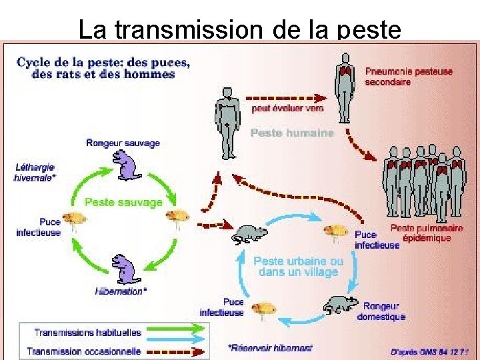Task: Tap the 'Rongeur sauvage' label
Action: coord(123,143)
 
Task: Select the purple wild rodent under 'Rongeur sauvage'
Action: coord(123,164)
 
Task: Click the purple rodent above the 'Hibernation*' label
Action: coord(123,269)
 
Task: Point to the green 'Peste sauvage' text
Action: coord(123,201)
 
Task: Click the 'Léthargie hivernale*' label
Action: coord(35,173)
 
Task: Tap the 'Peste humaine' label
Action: coord(291,133)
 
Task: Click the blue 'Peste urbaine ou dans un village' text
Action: coord(298,266)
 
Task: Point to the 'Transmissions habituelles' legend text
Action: coord(87,332)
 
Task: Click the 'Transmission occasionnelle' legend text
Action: coord(84,351)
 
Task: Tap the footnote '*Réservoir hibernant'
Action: coord(269,348)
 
